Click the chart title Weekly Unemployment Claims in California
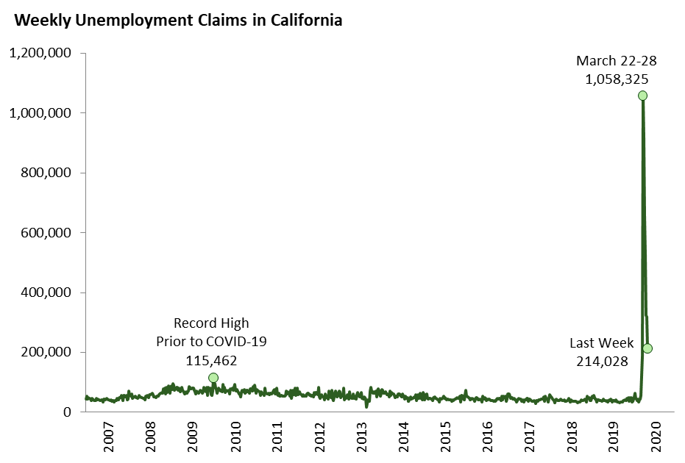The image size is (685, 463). tap(178, 21)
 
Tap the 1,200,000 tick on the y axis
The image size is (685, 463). tap(40, 54)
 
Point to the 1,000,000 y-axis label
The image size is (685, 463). tap(40, 113)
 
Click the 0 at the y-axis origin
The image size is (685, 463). tap(67, 412)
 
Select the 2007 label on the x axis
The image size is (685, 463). tap(108, 437)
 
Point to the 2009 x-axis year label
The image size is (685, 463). tap(193, 437)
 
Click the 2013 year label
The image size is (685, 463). tap(361, 437)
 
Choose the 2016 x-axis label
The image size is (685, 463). tap(487, 437)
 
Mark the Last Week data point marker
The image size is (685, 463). tap(647, 348)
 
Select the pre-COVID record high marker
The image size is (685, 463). tap(213, 378)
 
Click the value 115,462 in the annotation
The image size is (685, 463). tap(211, 360)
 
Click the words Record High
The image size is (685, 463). tap(211, 323)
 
